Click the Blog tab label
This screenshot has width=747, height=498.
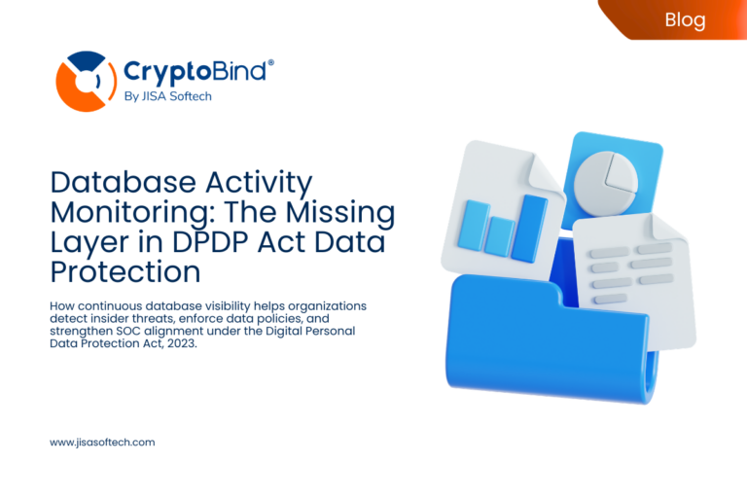click(685, 18)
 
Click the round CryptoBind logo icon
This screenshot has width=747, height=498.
click(86, 82)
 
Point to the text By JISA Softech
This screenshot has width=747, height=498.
click(166, 96)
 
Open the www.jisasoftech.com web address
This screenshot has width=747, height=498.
click(102, 442)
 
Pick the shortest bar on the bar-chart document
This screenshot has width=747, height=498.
click(501, 236)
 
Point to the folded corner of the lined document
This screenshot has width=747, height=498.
click(671, 230)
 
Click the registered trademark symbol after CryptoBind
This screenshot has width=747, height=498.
click(270, 61)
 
